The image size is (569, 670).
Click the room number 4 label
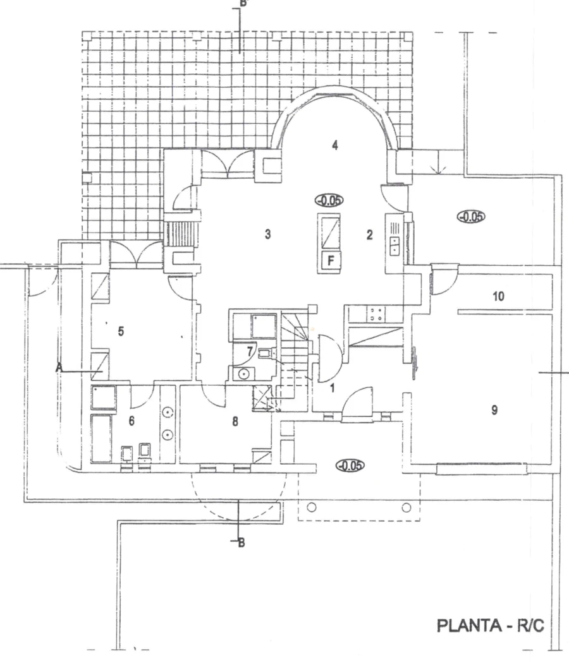coord(335,145)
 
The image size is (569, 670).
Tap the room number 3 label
coord(268,234)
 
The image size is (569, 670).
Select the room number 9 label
coord(494,410)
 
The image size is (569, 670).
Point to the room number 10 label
coord(498,296)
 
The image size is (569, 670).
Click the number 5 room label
coord(121,331)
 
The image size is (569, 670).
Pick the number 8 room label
coord(235,422)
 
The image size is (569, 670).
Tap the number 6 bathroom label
coord(132,421)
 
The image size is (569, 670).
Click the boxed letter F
coord(331,260)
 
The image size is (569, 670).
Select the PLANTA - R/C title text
coord(490,626)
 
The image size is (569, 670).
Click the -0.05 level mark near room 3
coord(329,200)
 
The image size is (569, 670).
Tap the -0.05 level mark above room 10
coord(471,217)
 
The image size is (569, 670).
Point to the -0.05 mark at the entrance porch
coord(350,465)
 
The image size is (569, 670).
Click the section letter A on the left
coord(59,367)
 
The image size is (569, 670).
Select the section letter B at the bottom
coord(242,543)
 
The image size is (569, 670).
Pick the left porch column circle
coord(312,507)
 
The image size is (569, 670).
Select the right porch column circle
coord(407,508)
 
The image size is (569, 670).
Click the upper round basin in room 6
coord(168,413)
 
